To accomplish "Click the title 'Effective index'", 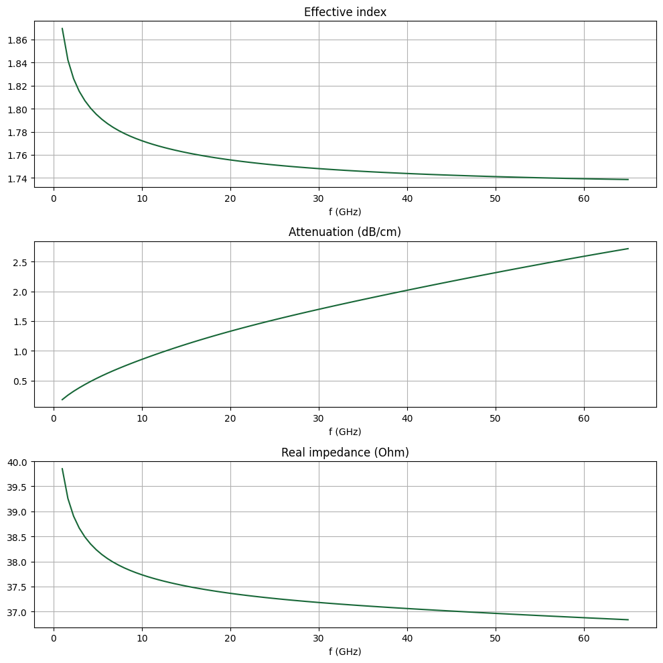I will [x=345, y=12].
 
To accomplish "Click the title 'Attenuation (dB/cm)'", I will [x=345, y=232].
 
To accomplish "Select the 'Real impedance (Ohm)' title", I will [x=345, y=453].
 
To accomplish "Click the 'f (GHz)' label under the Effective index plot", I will [x=345, y=212].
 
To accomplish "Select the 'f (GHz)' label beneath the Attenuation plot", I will [x=345, y=432].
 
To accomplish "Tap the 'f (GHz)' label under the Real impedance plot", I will [x=345, y=652].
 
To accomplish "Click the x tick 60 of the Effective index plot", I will [x=584, y=198].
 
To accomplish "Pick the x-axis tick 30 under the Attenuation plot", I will [x=319, y=418].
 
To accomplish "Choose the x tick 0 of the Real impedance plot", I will [x=54, y=638].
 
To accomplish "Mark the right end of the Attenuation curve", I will [x=628, y=249].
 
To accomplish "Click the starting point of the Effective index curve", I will [x=62, y=28].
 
